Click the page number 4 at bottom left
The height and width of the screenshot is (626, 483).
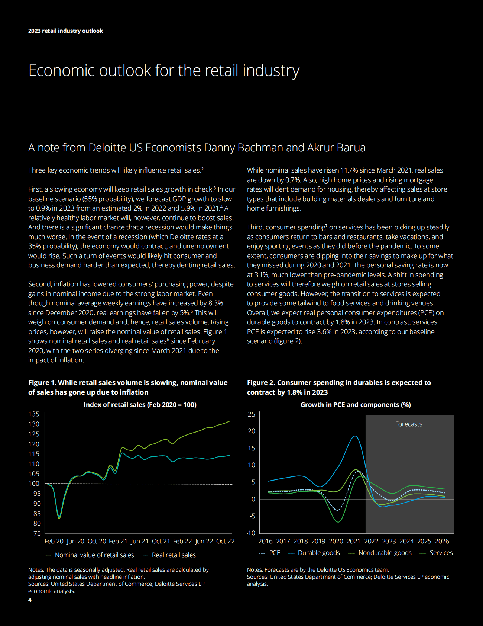click(x=30, y=600)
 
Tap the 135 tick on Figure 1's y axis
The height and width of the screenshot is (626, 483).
click(x=34, y=414)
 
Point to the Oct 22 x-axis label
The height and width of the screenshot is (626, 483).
click(x=225, y=541)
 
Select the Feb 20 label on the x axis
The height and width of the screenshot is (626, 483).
click(x=54, y=541)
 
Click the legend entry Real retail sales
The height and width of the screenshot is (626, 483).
click(x=174, y=555)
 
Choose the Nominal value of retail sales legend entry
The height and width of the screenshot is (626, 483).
click(x=94, y=555)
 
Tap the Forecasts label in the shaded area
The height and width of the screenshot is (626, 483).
click(x=409, y=424)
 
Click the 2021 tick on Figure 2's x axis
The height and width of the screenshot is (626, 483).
click(x=353, y=541)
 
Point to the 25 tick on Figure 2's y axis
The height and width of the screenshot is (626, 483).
click(x=252, y=414)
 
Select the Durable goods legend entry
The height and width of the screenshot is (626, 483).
click(x=319, y=553)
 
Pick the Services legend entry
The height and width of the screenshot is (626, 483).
click(x=441, y=553)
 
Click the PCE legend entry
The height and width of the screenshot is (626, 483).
click(x=275, y=553)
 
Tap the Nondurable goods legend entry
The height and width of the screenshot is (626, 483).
click(x=385, y=553)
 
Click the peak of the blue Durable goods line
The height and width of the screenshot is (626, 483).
click(x=355, y=436)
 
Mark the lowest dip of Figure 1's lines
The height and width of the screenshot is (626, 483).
click(x=59, y=518)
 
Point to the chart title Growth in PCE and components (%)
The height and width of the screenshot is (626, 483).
click(x=356, y=405)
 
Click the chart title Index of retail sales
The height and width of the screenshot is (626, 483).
click(x=140, y=405)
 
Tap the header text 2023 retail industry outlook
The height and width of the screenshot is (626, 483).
click(x=65, y=31)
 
